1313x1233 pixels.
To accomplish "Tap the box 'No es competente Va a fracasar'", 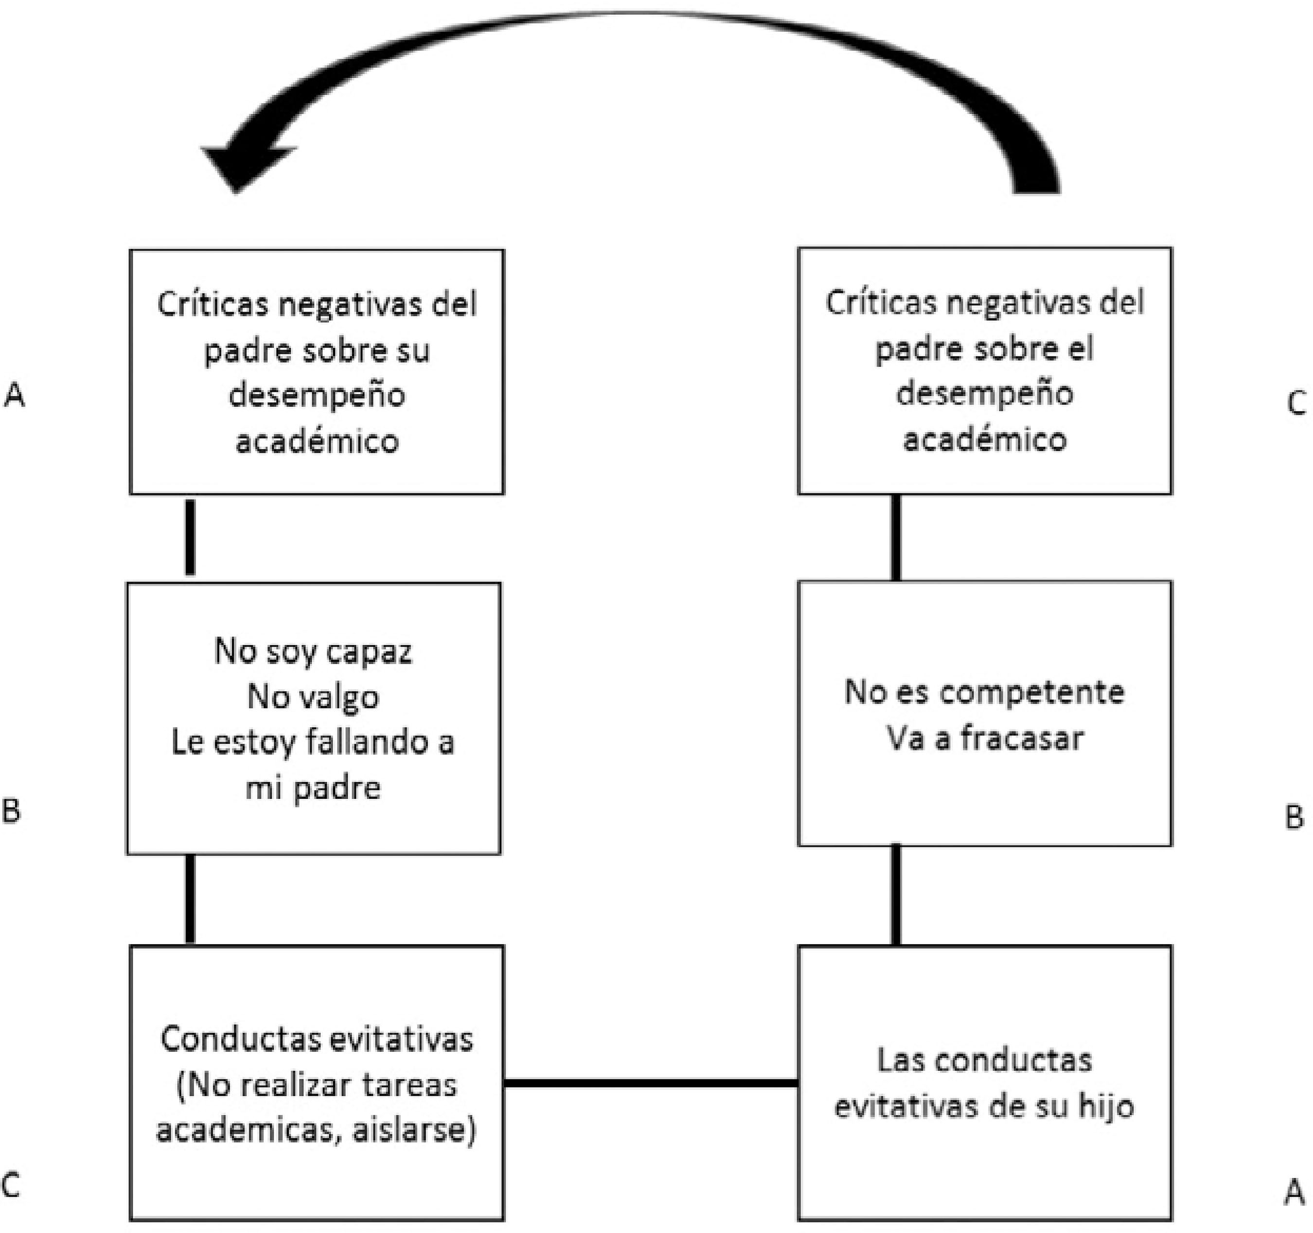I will (x=984, y=713).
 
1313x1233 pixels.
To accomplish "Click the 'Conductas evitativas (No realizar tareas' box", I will (x=317, y=1083).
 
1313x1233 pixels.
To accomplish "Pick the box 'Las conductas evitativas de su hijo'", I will (x=984, y=1083).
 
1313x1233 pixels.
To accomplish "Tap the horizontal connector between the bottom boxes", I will (x=651, y=1083).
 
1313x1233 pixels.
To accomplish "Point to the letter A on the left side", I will (x=15, y=396).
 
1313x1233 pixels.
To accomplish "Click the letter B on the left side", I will (x=12, y=811).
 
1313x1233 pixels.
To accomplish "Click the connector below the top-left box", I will (x=190, y=538).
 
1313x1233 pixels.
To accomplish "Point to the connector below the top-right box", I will (x=896, y=538).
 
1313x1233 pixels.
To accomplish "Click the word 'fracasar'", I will (x=1022, y=739).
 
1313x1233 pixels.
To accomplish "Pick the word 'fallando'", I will (x=358, y=743).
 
